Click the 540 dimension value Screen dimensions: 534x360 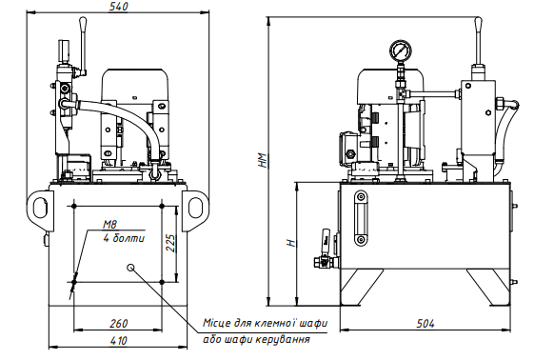click(x=118, y=7)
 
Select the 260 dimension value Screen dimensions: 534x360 click(x=119, y=323)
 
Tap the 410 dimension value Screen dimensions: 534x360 click(x=118, y=341)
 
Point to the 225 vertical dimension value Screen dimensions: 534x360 click(x=170, y=243)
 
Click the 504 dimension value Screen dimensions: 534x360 click(x=425, y=323)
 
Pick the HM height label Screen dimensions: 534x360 click(x=262, y=160)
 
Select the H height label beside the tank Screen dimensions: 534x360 click(x=290, y=243)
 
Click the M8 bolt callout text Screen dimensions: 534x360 click(x=109, y=225)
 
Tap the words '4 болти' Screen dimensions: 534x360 click(x=124, y=238)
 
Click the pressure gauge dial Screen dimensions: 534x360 click(x=401, y=50)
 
